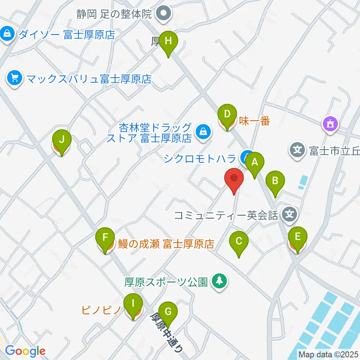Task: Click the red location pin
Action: (234, 179)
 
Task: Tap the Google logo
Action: (25, 351)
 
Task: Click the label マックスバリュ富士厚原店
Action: (88, 79)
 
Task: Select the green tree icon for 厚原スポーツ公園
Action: (219, 281)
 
